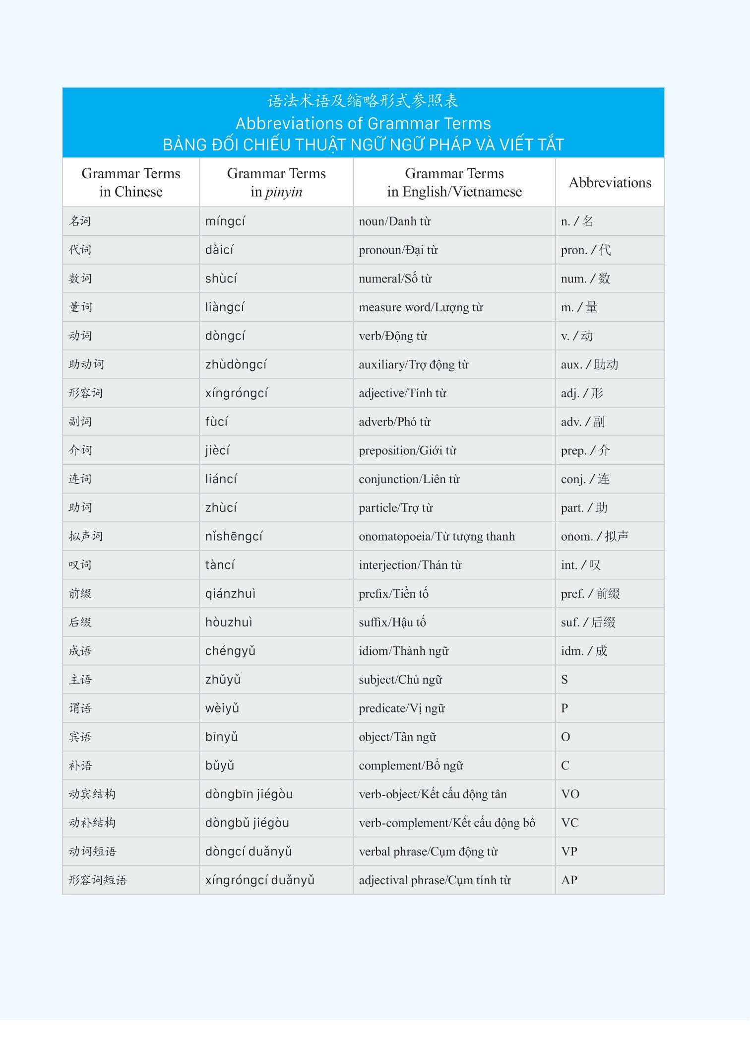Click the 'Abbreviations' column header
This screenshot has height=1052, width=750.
[x=610, y=183]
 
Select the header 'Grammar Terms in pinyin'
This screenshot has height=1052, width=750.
[x=276, y=183]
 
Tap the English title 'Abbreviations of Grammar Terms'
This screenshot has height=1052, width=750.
[x=363, y=123]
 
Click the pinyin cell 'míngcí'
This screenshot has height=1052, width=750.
[x=225, y=221]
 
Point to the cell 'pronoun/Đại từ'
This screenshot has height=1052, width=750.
[x=398, y=250]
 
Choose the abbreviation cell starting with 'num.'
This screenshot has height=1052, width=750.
[x=585, y=279]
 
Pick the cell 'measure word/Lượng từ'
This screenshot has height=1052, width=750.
[x=421, y=307]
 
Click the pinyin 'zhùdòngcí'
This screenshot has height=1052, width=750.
[x=236, y=364]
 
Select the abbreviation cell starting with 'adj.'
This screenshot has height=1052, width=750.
[x=582, y=393]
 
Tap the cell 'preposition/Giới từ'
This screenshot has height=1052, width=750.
[x=407, y=450]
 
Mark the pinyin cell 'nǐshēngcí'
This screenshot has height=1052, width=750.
[x=234, y=536]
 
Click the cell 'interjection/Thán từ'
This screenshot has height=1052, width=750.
[x=410, y=565]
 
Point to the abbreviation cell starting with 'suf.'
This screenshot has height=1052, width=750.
[x=588, y=622]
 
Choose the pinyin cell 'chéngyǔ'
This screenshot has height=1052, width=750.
[x=230, y=651]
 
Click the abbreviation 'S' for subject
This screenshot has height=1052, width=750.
[x=564, y=680]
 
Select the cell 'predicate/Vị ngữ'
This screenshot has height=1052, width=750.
[x=402, y=708]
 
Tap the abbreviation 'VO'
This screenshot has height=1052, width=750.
[x=570, y=794]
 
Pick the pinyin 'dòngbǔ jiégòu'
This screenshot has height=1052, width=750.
[x=247, y=823]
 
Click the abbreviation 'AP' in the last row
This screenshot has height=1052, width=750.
[x=569, y=880]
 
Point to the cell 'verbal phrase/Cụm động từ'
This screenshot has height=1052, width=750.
[x=428, y=851]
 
